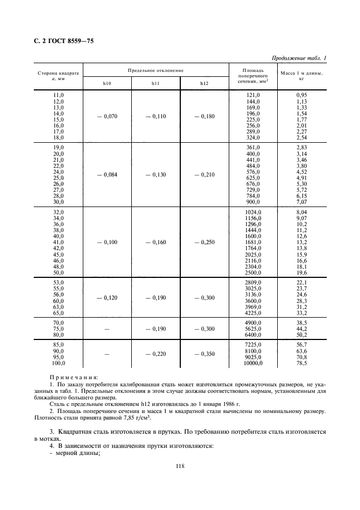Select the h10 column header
[107, 83]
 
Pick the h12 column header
[204, 83]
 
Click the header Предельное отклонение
[155, 71]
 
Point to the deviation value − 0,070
[107, 116]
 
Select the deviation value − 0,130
[155, 174]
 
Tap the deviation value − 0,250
[204, 241]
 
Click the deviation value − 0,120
[107, 298]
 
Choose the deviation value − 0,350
[204, 354]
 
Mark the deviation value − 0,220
[155, 354]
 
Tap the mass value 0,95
[302, 95]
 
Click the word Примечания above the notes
[75, 377]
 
